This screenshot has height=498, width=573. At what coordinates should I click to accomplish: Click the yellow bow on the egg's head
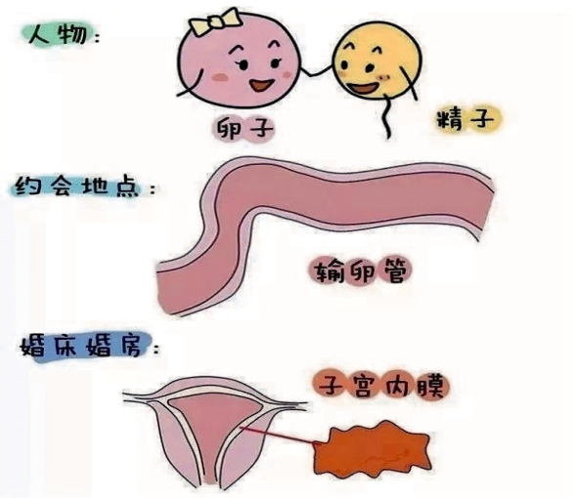(x=214, y=21)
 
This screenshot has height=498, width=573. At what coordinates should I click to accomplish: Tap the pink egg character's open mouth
(x=262, y=85)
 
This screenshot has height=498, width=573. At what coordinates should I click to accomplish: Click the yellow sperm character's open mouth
(x=362, y=89)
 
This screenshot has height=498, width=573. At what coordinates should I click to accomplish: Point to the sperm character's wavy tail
(x=385, y=116)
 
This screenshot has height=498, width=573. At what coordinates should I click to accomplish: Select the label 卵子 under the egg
(x=244, y=129)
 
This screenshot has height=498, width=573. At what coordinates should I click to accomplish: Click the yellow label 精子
(x=468, y=119)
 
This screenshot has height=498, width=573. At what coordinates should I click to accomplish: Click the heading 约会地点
(x=77, y=187)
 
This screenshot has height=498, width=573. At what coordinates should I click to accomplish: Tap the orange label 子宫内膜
(x=381, y=386)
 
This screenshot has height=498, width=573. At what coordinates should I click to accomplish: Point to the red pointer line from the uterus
(x=280, y=436)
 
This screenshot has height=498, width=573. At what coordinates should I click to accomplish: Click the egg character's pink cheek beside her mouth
(x=220, y=76)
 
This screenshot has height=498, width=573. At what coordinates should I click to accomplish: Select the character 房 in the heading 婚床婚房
(x=129, y=346)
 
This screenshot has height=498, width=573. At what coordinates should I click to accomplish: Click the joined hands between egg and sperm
(x=316, y=72)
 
